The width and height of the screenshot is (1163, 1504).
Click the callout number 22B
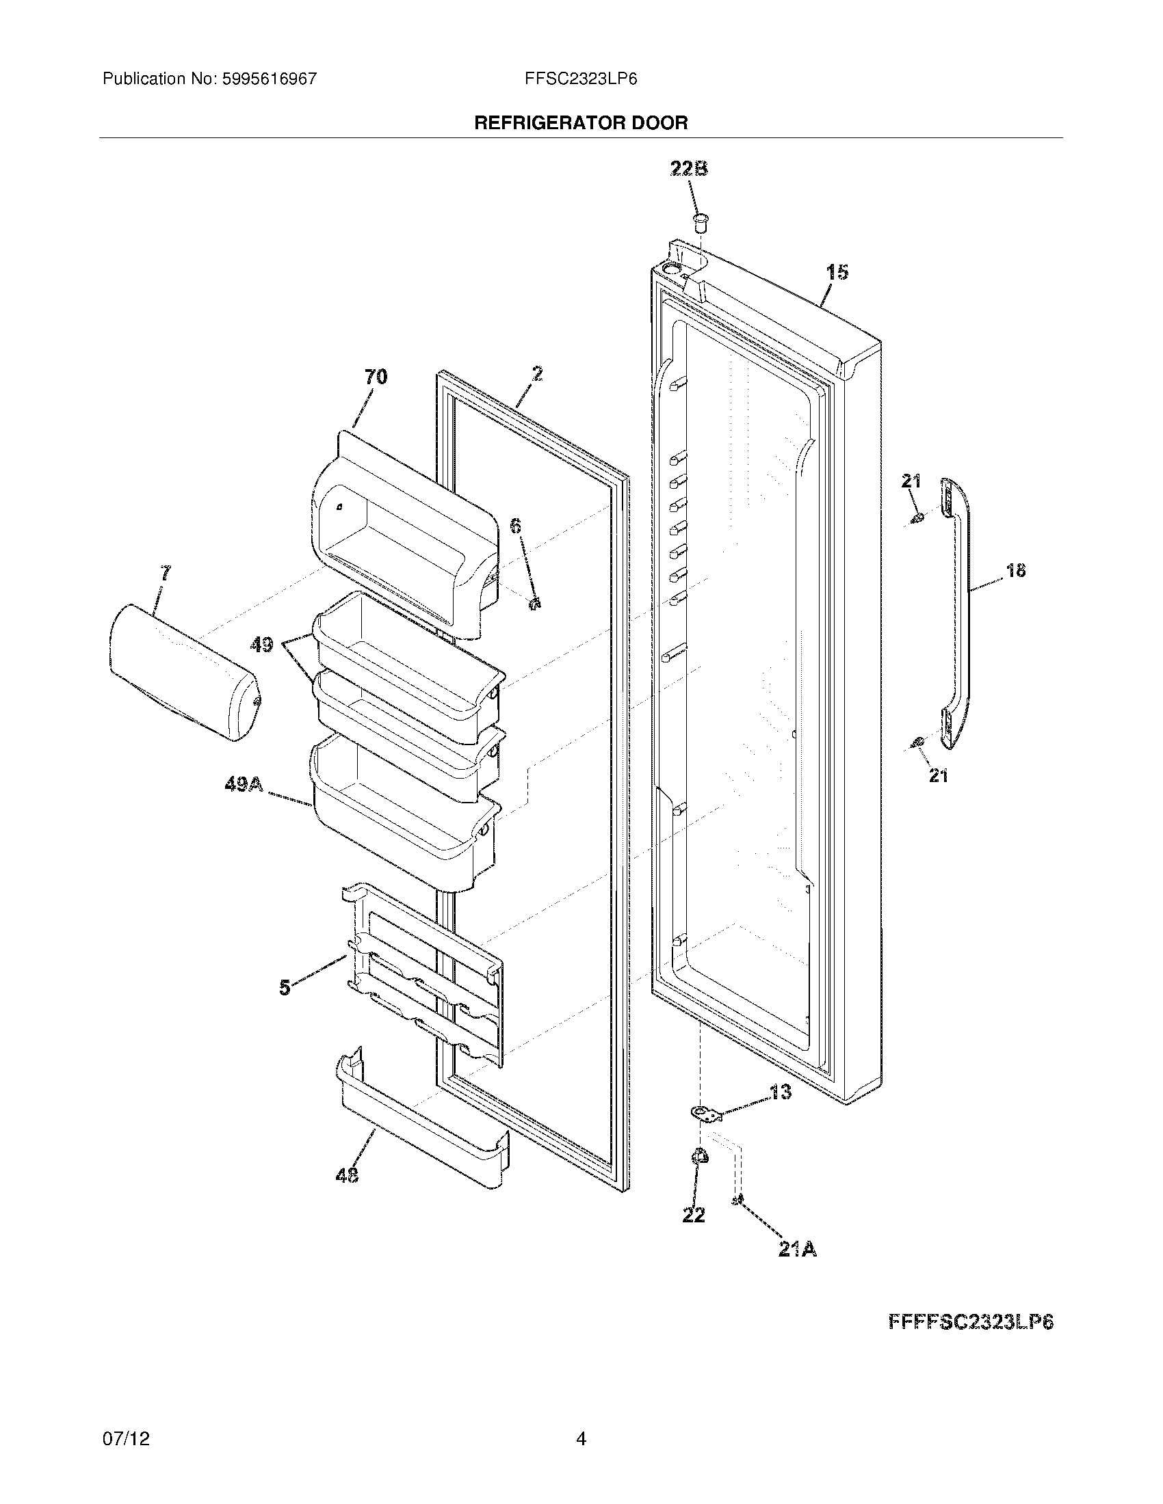[x=689, y=169]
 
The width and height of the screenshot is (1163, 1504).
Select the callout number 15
[x=837, y=272]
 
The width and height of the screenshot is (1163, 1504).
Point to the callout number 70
[x=376, y=377]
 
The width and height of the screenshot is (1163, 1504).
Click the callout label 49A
[x=244, y=784]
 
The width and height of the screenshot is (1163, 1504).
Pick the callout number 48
[x=348, y=1177]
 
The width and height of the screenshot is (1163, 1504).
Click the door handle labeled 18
[x=958, y=613]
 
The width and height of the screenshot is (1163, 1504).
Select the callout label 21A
[x=797, y=1250]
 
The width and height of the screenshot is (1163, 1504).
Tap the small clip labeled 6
[x=534, y=602]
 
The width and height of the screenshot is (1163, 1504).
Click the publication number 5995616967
[x=270, y=79]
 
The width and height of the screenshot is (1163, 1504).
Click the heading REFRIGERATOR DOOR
[x=581, y=123]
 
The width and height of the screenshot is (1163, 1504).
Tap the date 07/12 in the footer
[x=125, y=1438]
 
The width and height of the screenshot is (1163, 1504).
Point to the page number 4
[x=581, y=1438]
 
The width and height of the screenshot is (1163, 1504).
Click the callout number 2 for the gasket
[x=537, y=374]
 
